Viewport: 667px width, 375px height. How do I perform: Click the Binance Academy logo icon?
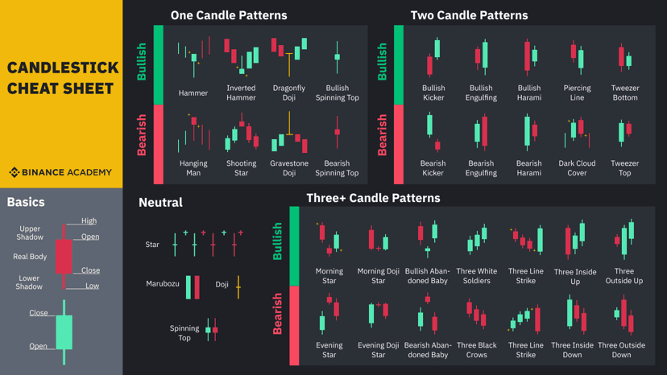(x=14, y=172)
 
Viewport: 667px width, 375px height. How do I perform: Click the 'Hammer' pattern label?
(x=193, y=93)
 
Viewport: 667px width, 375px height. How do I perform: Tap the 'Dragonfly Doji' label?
(x=289, y=93)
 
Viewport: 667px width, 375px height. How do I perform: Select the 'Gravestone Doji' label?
(x=289, y=167)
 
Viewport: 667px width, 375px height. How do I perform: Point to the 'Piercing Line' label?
(x=577, y=93)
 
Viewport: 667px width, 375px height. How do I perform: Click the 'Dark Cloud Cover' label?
(x=577, y=167)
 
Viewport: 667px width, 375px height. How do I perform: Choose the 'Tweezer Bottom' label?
(x=625, y=93)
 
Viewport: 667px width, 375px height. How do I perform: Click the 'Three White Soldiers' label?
(x=476, y=276)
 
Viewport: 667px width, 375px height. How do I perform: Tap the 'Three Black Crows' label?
(x=476, y=350)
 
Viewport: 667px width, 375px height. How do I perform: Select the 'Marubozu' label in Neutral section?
(x=163, y=284)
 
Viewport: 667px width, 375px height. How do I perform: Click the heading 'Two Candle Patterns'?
(x=469, y=15)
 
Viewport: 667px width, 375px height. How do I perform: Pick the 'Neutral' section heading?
(x=160, y=203)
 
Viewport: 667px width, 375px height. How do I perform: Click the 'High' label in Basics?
(x=89, y=220)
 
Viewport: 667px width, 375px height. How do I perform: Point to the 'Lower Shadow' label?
(x=29, y=282)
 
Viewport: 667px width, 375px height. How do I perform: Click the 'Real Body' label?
(x=30, y=257)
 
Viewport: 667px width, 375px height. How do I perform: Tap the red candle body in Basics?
(x=64, y=256)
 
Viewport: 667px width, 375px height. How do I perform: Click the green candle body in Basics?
(x=64, y=331)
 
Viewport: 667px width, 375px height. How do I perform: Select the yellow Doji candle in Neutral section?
(x=238, y=286)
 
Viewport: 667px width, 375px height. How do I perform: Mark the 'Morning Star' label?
(x=329, y=276)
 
